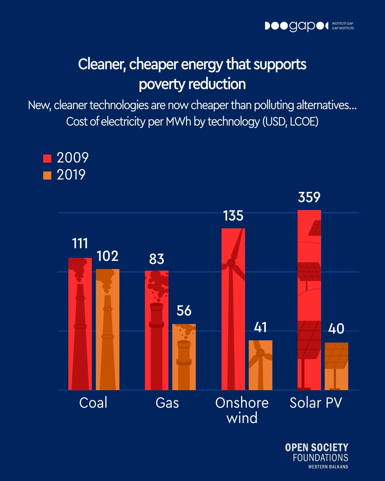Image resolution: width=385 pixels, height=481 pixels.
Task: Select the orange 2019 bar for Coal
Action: (107, 329)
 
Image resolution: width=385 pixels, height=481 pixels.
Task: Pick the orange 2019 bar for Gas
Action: (184, 357)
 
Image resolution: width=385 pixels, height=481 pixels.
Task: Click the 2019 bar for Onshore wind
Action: (260, 365)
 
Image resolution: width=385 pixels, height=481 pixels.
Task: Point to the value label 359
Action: (309, 198)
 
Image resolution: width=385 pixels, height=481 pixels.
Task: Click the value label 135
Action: (233, 216)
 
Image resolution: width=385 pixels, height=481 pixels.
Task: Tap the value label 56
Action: (184, 311)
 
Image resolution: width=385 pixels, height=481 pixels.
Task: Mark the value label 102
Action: (107, 256)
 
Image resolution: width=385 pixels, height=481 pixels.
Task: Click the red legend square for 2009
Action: (48, 158)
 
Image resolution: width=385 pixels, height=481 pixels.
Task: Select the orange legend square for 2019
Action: (48, 176)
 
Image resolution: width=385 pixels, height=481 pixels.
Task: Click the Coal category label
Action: (93, 403)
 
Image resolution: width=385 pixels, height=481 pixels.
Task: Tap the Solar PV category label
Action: (316, 403)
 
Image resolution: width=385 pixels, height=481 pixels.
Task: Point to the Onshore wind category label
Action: (242, 410)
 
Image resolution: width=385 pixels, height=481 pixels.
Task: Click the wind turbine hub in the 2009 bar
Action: (231, 263)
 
